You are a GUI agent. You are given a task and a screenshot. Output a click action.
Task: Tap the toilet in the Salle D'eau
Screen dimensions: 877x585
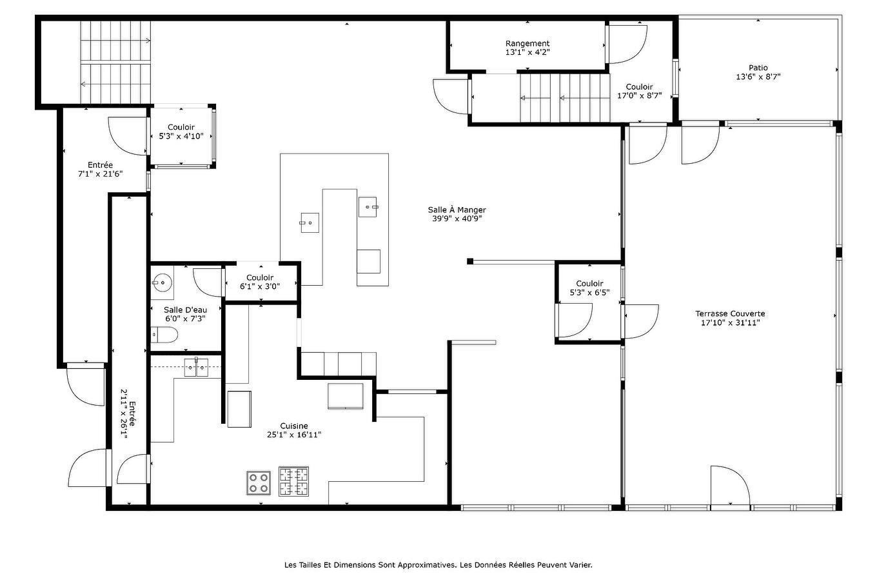(164, 335)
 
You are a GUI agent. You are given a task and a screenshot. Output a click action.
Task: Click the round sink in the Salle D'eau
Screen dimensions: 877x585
(161, 282)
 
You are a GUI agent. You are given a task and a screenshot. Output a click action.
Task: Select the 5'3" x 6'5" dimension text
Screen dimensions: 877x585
(589, 293)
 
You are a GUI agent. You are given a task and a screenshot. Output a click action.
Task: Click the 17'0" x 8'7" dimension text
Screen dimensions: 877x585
(639, 95)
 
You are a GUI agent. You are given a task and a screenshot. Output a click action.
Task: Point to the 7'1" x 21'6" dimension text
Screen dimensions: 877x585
(100, 174)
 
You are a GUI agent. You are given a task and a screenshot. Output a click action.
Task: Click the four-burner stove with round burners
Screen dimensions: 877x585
(259, 483)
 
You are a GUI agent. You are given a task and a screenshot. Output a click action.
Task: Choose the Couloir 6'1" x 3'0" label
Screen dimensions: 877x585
(260, 282)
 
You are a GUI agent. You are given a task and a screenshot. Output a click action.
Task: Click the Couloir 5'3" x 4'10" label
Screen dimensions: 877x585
(181, 132)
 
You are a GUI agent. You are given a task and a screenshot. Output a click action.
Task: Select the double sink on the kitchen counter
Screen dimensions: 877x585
(196, 367)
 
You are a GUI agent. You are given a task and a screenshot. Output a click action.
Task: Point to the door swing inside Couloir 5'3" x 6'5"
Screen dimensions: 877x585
(575, 320)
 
